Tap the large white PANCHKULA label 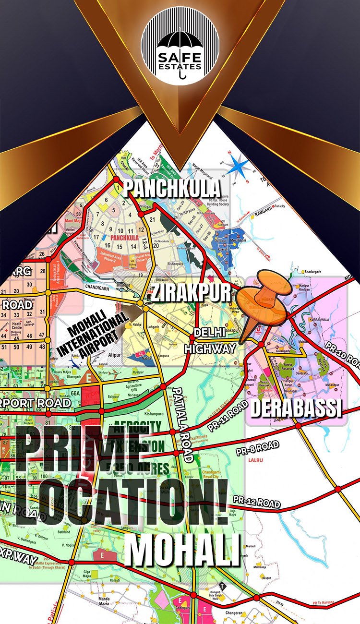pyautogui.click(x=172, y=189)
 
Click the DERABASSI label pyautogui.click(x=296, y=408)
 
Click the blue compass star pyautogui.click(x=239, y=168)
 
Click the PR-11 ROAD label pyautogui.click(x=228, y=415)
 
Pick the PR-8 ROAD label pyautogui.click(x=257, y=449)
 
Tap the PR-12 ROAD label pyautogui.click(x=257, y=501)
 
